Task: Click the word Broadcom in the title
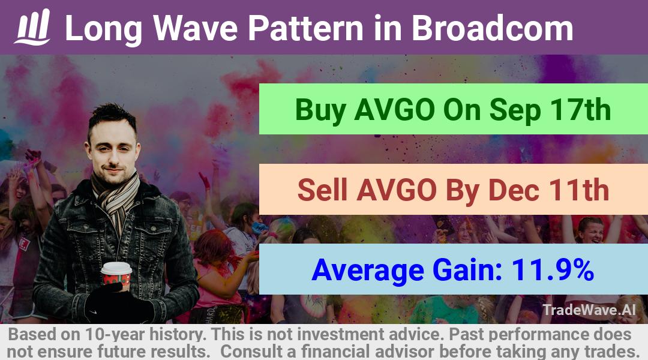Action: (492, 28)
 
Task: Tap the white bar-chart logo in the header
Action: (32, 27)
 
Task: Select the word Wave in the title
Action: (196, 28)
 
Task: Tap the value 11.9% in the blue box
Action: (553, 270)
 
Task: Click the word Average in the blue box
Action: (368, 271)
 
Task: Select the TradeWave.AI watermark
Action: (589, 310)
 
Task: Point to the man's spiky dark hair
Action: (112, 118)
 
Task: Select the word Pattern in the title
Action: (305, 28)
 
